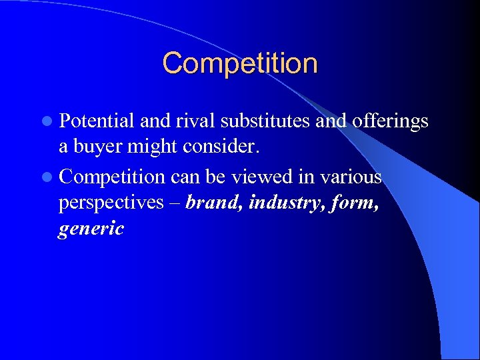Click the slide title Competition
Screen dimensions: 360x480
tap(240, 64)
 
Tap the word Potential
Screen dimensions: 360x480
tap(97, 121)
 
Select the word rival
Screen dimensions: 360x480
tap(192, 121)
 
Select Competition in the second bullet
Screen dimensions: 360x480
tap(111, 177)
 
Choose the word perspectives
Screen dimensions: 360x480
tap(110, 203)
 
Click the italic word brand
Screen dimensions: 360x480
tap(213, 203)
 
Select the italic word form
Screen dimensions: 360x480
tap(353, 203)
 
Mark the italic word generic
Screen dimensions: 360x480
tap(91, 230)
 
